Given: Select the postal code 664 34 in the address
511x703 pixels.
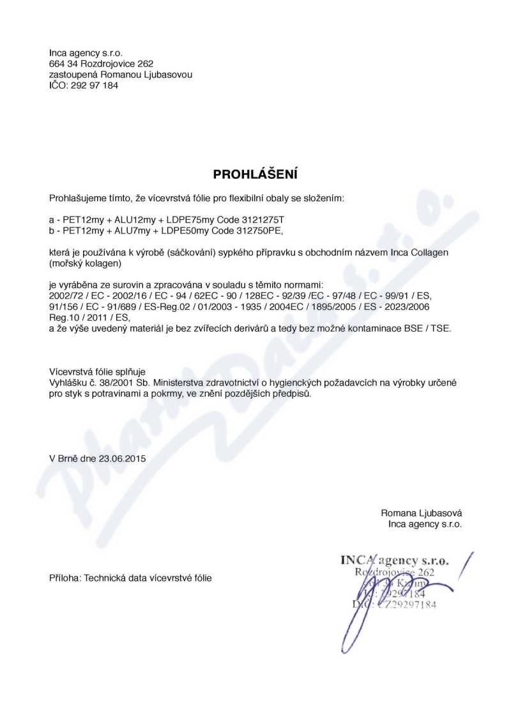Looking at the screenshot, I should point(63,64).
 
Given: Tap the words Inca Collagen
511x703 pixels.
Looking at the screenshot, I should point(420,253).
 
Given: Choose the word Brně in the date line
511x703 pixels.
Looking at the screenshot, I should point(70,458).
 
